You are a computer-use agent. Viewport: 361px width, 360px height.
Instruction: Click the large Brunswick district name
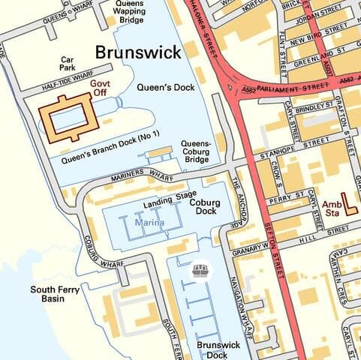pos(137,52)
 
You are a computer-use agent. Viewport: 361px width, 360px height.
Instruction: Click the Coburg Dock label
pos(204,208)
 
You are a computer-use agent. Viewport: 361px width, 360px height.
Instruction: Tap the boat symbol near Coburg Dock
pos(200,268)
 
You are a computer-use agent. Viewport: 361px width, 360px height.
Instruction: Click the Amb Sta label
pos(330,208)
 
